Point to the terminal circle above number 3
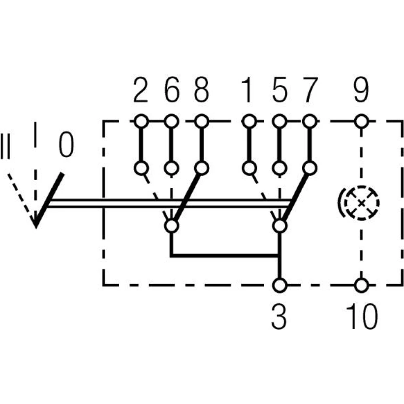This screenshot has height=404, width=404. tap(279, 285)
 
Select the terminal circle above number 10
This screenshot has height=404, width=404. tap(362, 285)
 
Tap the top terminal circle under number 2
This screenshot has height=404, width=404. tap(141, 120)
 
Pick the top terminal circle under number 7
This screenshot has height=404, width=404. tap(309, 120)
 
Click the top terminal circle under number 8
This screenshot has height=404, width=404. tap(202, 120)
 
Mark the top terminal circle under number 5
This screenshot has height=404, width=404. tap(278, 120)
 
